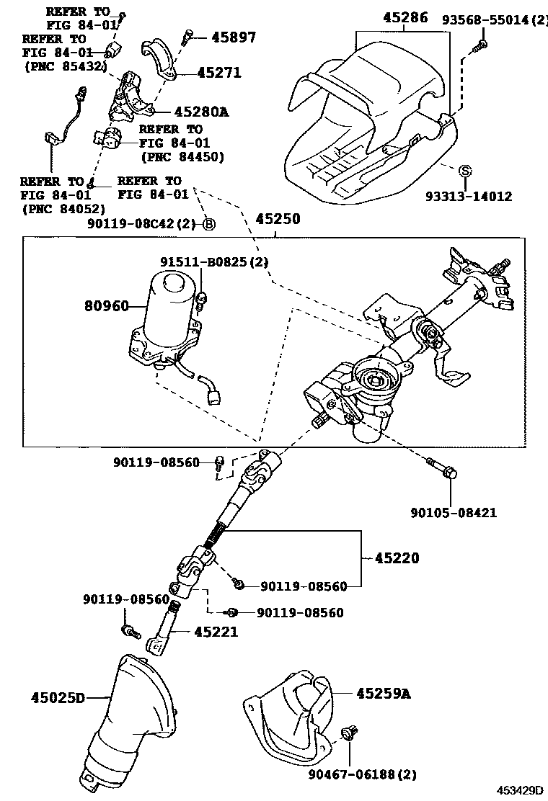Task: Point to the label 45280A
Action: tap(200, 112)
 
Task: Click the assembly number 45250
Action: tap(276, 218)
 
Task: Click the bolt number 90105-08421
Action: tap(454, 513)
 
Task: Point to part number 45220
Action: tap(396, 558)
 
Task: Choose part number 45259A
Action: tap(383, 694)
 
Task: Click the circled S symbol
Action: tap(466, 171)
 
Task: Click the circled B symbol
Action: tap(209, 224)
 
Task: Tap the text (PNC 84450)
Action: tap(182, 156)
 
